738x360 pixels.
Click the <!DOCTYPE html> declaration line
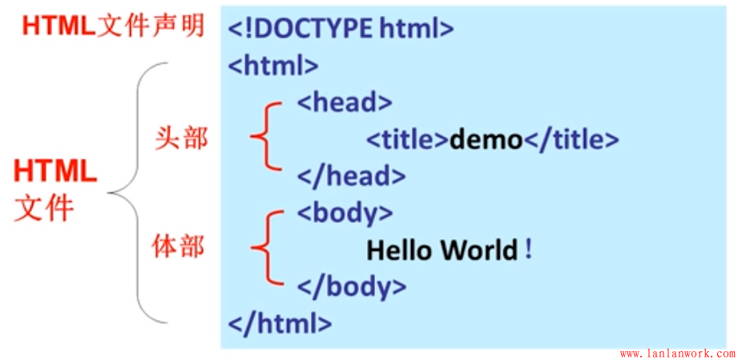(341, 29)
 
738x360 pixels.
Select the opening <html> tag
(273, 65)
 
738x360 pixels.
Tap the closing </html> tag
(280, 323)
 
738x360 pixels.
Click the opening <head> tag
(345, 102)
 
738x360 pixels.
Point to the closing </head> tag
(351, 176)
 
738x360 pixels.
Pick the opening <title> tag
(408, 140)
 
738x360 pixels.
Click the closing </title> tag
(571, 140)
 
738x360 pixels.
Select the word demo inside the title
(486, 140)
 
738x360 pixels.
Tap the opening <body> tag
(345, 212)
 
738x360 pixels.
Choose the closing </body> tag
(352, 286)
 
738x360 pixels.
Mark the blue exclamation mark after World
(529, 249)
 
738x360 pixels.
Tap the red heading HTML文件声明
(113, 26)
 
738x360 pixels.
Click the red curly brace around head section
(264, 138)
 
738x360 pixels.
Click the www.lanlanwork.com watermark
(676, 353)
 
